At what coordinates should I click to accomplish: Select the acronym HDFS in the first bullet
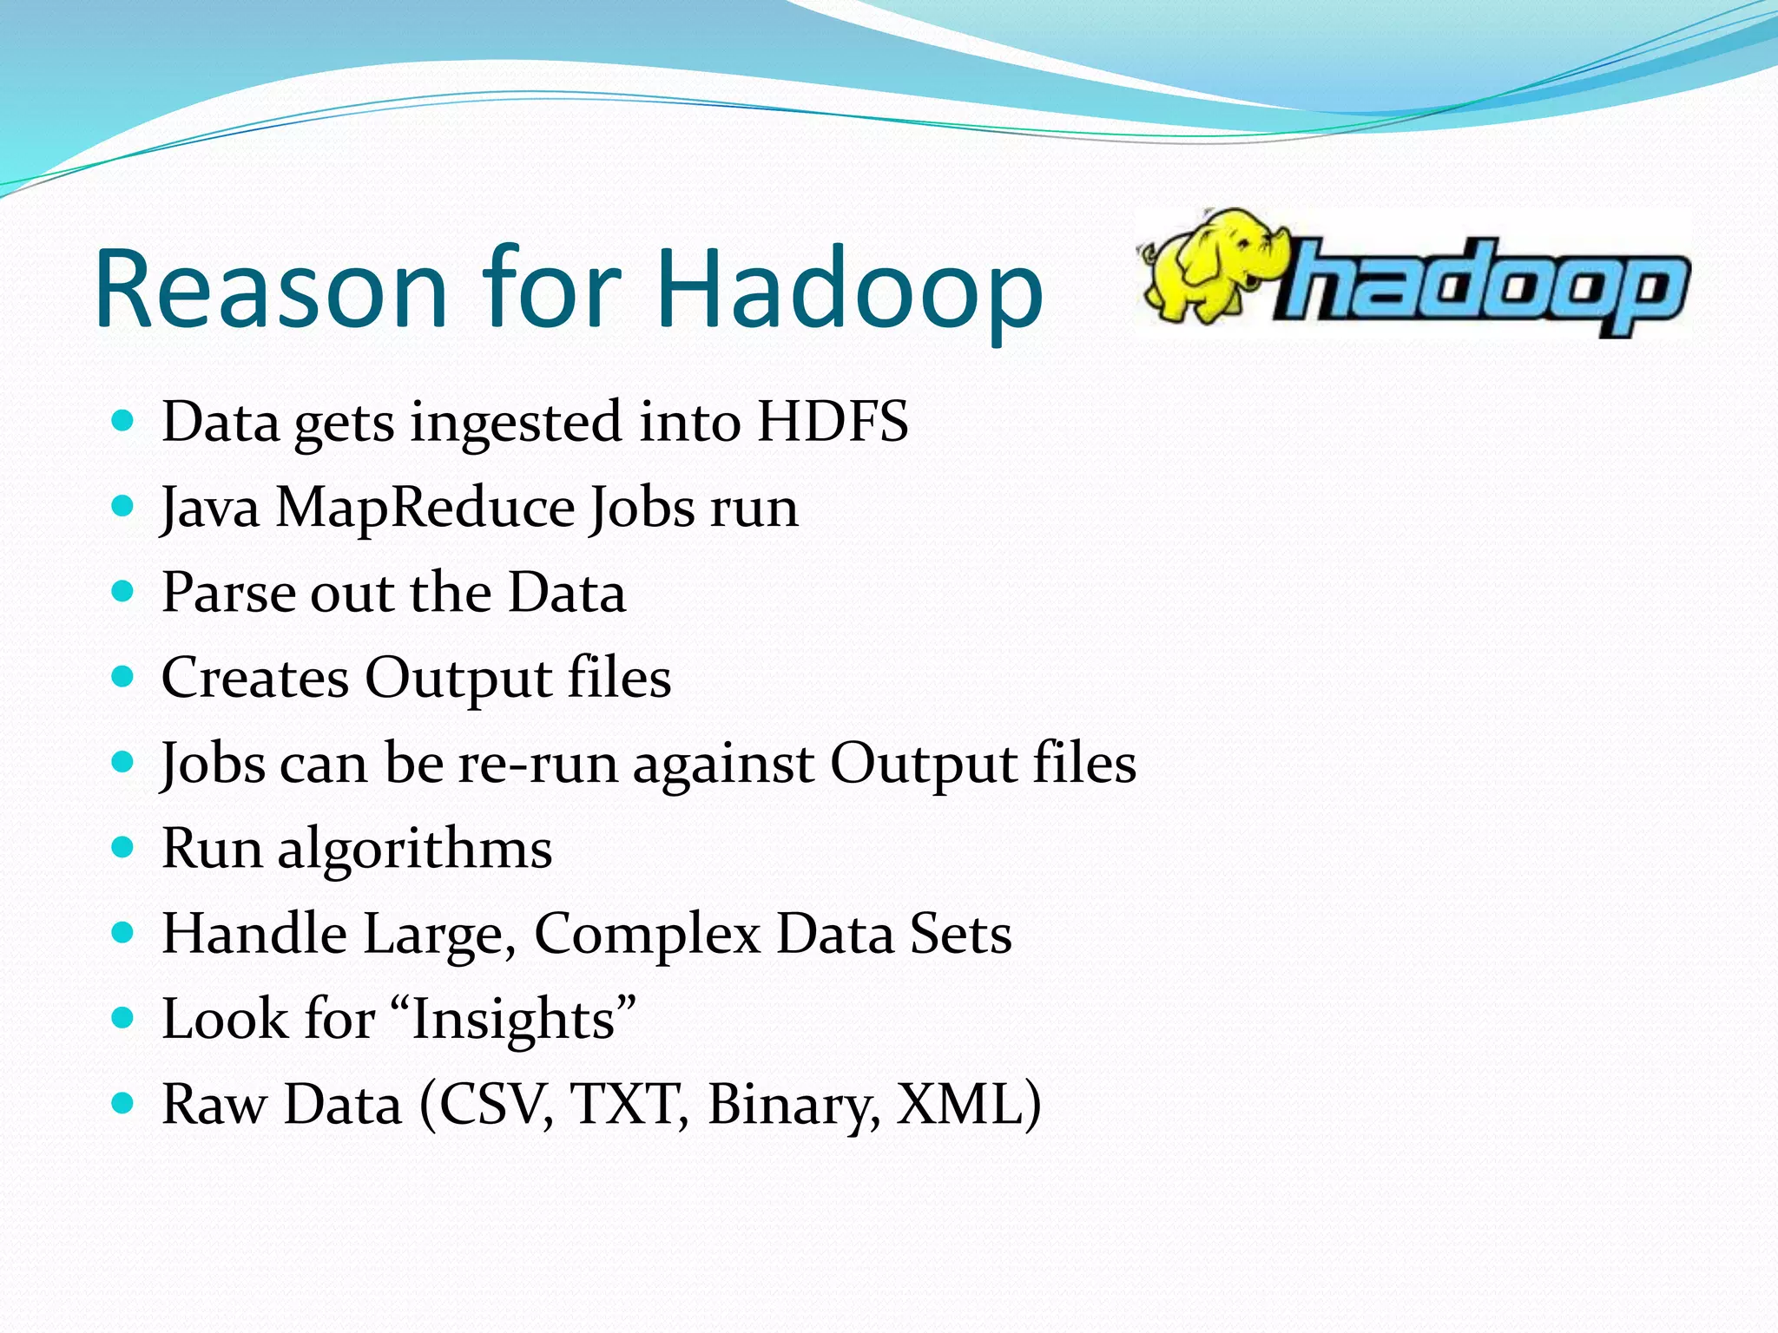[832, 422]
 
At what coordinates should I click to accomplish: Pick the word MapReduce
[425, 508]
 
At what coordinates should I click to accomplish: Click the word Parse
[228, 593]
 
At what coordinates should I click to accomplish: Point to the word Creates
[255, 678]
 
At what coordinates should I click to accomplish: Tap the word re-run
[537, 764]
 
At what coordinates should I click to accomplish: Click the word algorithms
[414, 849]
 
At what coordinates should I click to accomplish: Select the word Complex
[647, 935]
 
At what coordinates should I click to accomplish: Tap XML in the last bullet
[958, 1104]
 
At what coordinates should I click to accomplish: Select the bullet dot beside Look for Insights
[123, 1017]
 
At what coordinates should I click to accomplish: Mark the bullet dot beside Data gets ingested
[123, 421]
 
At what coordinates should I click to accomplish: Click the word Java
[210, 508]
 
